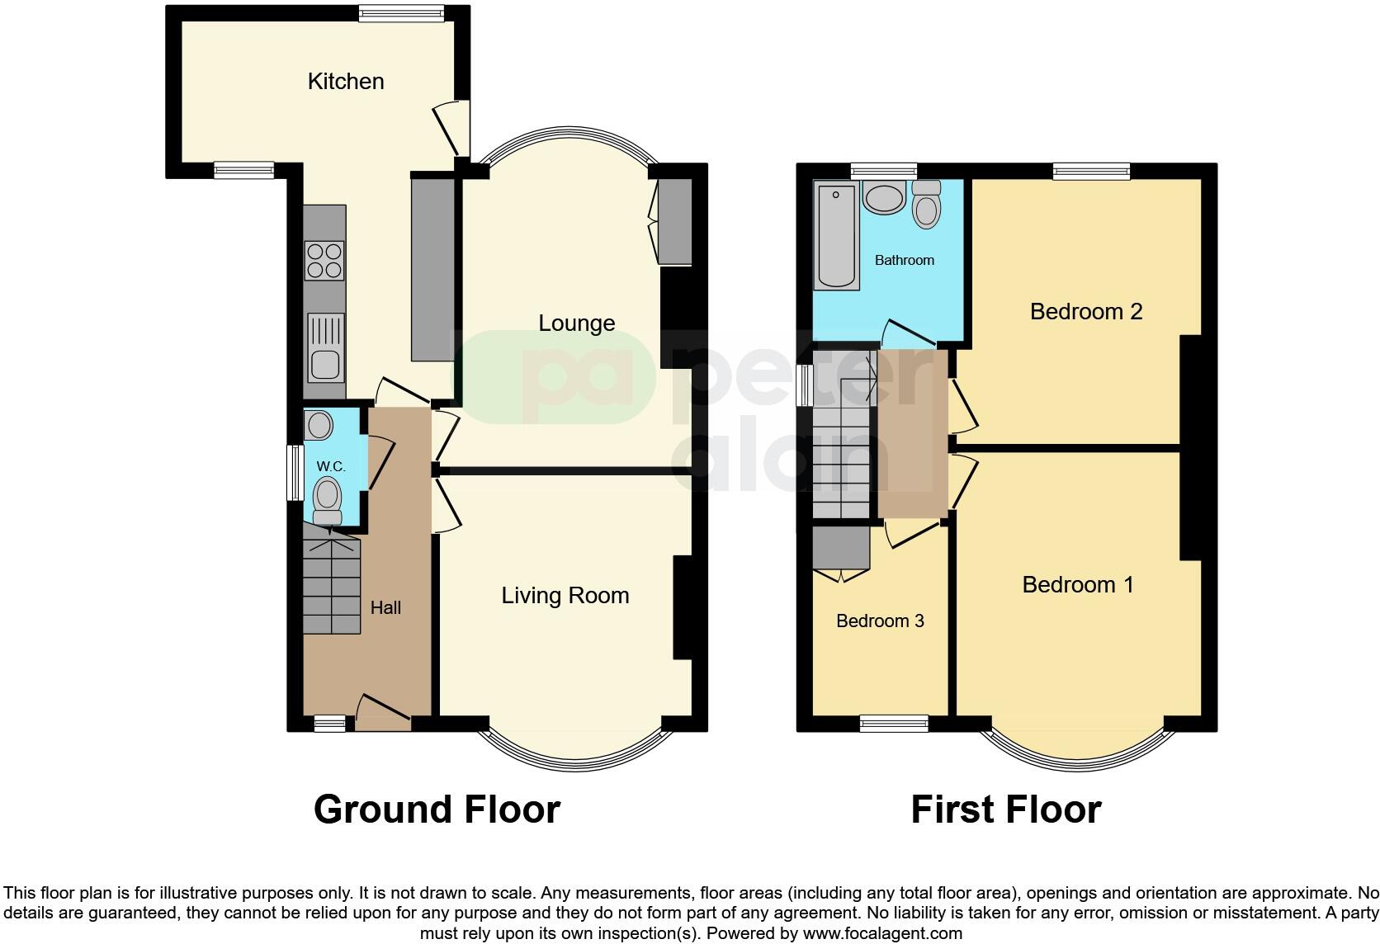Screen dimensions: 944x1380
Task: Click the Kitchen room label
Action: [346, 81]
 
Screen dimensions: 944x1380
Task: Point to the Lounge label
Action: [576, 323]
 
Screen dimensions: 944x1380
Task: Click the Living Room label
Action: [565, 595]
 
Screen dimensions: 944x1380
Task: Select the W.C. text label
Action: [331, 466]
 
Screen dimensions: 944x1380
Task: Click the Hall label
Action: [385, 607]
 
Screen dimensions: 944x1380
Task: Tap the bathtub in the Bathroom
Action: [837, 236]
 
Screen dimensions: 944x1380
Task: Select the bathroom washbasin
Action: [884, 198]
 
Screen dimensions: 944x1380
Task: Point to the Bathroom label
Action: [905, 260]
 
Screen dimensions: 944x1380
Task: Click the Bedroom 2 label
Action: [1086, 311]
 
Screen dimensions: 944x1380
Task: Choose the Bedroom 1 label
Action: [1077, 584]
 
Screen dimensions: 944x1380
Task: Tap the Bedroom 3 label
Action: [880, 621]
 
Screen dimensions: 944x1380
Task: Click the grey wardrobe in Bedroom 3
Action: [841, 548]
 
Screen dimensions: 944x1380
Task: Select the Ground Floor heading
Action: [437, 809]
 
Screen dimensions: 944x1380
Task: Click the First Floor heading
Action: [1005, 809]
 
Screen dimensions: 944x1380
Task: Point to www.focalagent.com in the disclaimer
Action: [881, 934]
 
